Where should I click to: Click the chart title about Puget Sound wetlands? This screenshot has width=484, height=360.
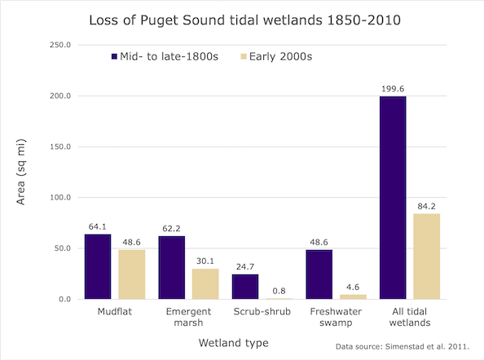tap(242, 19)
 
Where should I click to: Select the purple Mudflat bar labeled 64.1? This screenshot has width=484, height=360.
tap(98, 266)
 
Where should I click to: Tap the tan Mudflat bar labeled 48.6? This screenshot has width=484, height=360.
tap(131, 274)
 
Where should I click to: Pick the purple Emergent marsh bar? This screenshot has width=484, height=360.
tap(172, 267)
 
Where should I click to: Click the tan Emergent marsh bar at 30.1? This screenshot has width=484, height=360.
tap(205, 283)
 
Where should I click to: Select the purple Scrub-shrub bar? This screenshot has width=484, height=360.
tap(245, 287)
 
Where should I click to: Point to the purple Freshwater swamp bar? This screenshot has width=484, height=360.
tap(319, 274)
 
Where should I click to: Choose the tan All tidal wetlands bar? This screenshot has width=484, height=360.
tap(426, 257)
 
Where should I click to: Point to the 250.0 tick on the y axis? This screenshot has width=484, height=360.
tap(59, 46)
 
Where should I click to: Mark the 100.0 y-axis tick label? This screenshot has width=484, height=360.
tap(59, 198)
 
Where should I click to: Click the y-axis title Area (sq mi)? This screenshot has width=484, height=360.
tap(22, 173)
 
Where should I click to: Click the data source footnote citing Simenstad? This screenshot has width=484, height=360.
tap(402, 346)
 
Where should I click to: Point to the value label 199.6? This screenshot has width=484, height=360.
tap(392, 89)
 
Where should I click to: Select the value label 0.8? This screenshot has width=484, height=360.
tap(279, 291)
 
